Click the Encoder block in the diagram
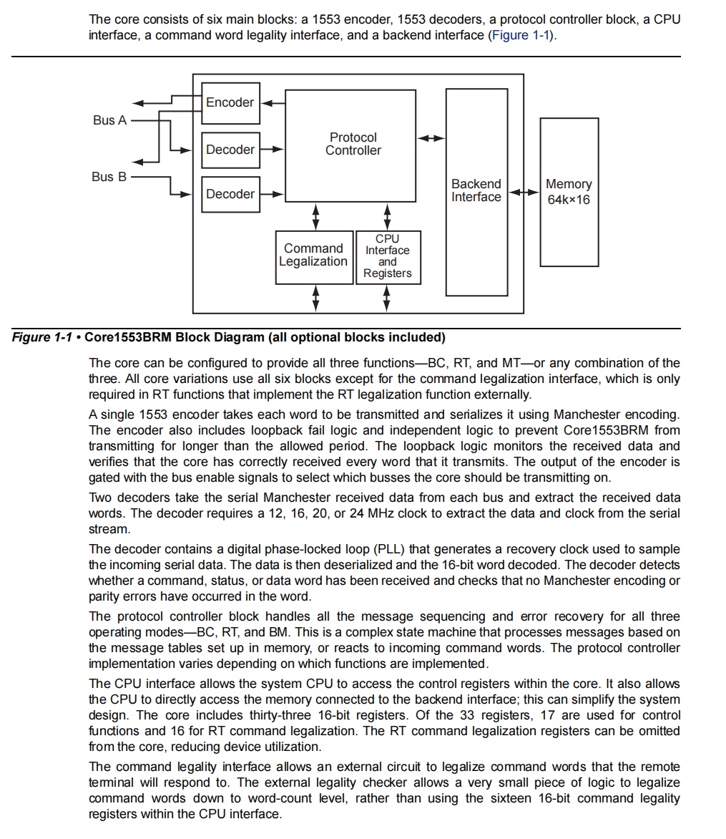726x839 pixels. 230,102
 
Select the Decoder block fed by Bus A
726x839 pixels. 230,150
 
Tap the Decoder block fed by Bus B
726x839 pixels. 230,194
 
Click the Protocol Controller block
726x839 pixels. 350,145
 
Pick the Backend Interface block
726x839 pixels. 476,191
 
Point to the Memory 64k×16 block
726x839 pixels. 569,192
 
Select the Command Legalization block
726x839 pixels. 315,256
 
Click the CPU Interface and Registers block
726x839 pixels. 388,256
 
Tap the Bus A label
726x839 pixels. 109,120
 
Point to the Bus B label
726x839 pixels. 109,177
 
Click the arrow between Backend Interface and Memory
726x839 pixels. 524,192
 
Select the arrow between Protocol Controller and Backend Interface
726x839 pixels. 431,137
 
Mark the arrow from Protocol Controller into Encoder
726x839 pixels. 270,102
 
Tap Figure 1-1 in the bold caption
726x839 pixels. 43,337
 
